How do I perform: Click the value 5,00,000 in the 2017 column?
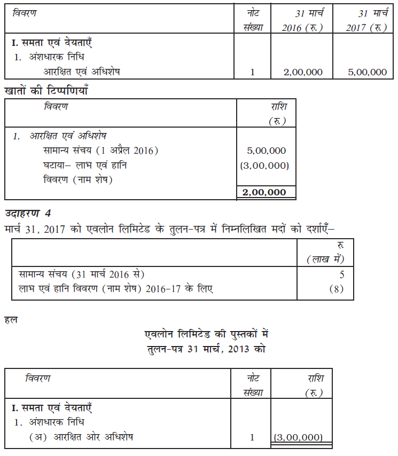coord(367,72)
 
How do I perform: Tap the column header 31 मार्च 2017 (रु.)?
coord(366,20)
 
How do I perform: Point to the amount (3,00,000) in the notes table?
coord(266,166)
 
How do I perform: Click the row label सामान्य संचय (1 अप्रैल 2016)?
coord(101,151)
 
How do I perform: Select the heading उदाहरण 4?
coord(28,214)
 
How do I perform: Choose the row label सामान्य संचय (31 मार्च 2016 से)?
coord(81,274)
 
